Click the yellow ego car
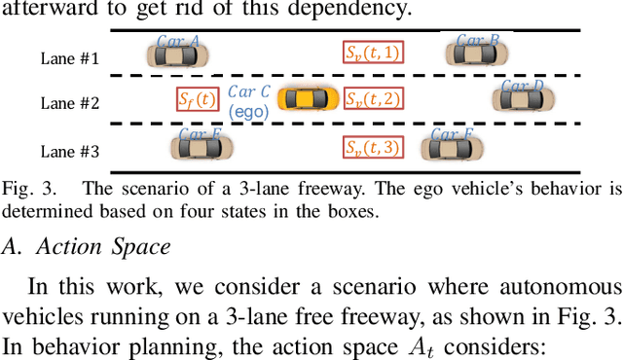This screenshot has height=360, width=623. tap(308, 98)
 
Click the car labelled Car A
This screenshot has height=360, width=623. tap(177, 54)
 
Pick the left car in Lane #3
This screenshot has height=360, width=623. tap(202, 147)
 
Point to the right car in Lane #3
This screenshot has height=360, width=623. tap(451, 147)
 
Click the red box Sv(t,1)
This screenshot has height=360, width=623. tap(373, 54)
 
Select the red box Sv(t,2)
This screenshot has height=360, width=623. tap(373, 99)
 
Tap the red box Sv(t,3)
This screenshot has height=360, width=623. tap(373, 147)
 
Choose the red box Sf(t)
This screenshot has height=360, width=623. tap(197, 99)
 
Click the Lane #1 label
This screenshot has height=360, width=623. tap(69, 57)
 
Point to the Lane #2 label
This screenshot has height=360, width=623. tap(69, 102)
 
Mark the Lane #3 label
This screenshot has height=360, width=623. tap(69, 150)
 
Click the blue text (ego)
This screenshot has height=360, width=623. tap(248, 110)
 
